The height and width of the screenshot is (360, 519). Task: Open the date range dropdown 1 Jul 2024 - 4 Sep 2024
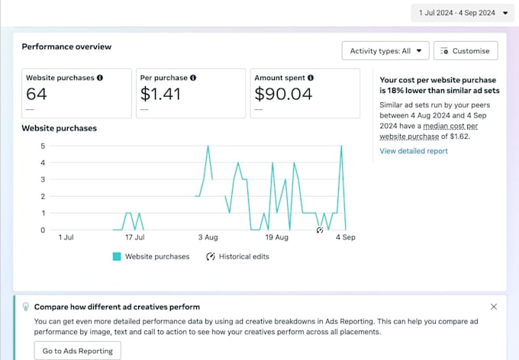(x=463, y=13)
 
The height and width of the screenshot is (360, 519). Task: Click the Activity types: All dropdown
(x=385, y=50)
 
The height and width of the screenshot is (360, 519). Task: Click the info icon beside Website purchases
(x=100, y=78)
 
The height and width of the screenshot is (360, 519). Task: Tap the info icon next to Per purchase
(x=193, y=78)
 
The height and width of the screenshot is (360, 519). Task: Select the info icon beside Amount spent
(x=311, y=78)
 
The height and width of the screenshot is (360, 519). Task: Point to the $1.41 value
(x=160, y=94)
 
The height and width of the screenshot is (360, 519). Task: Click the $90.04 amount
(x=283, y=94)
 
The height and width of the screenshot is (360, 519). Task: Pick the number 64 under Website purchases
(x=37, y=94)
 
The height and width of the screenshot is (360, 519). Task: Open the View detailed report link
(x=414, y=151)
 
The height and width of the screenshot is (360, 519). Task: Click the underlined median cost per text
(x=450, y=126)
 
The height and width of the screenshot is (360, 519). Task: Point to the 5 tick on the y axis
(x=43, y=146)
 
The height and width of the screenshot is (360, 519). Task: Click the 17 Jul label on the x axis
(x=135, y=237)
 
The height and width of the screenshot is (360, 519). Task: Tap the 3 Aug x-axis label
(x=208, y=237)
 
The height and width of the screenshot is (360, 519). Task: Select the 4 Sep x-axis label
(x=346, y=237)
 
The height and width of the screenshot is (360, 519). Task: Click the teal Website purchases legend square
(x=117, y=256)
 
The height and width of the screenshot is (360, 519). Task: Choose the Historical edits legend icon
(x=211, y=256)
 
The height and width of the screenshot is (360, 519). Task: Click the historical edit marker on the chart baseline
(x=319, y=230)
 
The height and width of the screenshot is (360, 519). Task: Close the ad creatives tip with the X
(x=494, y=307)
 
